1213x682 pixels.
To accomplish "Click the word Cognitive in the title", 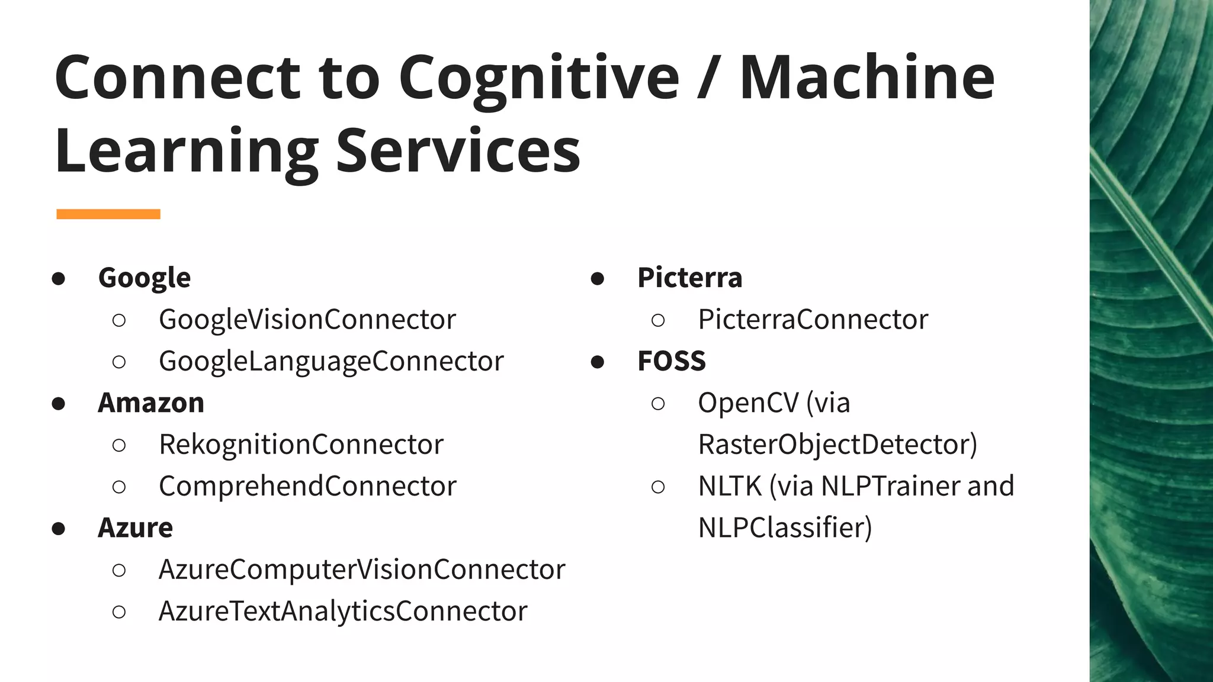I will click(x=538, y=79).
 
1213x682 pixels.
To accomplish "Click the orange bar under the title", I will click(x=108, y=214).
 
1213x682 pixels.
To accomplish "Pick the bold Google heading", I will click(x=145, y=278).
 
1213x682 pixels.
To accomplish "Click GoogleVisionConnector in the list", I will click(x=307, y=320).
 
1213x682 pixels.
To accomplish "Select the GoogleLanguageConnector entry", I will click(x=331, y=362).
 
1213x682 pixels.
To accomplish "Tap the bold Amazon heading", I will click(x=151, y=403).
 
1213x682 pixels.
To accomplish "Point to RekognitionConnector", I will click(x=301, y=445).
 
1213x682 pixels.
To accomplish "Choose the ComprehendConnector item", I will click(x=307, y=486).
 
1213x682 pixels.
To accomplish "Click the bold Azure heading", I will click(x=136, y=528).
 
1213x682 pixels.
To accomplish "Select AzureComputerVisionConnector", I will click(x=362, y=570).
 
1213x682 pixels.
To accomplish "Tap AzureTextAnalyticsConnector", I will click(x=343, y=612).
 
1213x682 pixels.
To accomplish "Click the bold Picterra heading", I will click(x=689, y=278).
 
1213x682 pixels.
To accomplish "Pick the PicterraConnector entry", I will click(x=813, y=320).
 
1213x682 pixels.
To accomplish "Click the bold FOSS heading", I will click(x=672, y=362).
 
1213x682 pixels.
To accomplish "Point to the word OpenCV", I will click(x=748, y=403).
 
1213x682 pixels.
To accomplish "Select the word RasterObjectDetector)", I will click(x=837, y=445).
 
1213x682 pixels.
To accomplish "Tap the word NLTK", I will click(x=729, y=486).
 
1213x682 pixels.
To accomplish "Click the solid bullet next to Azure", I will click(x=58, y=528).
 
